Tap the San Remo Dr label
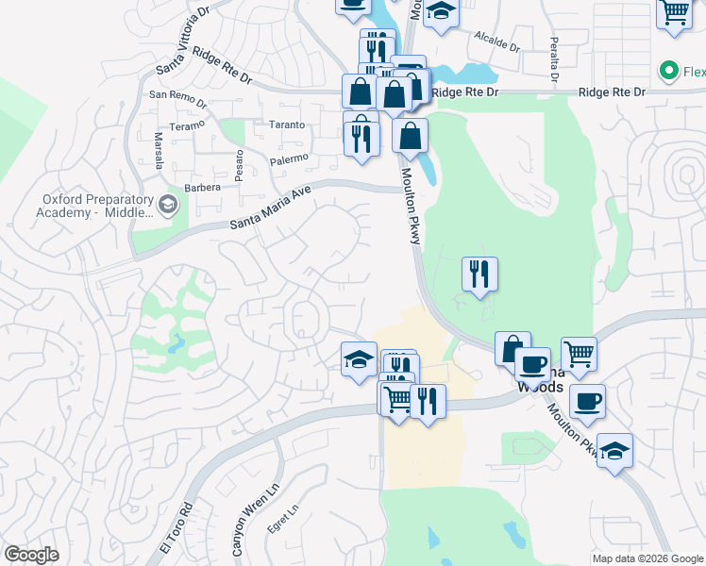176,95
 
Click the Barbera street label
203,187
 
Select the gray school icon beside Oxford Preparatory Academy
168,205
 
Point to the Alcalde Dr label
497,41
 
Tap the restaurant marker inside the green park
479,275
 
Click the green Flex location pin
669,71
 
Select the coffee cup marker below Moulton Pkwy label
587,402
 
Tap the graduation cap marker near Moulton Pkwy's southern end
614,451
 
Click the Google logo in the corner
31,554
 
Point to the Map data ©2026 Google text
647,558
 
